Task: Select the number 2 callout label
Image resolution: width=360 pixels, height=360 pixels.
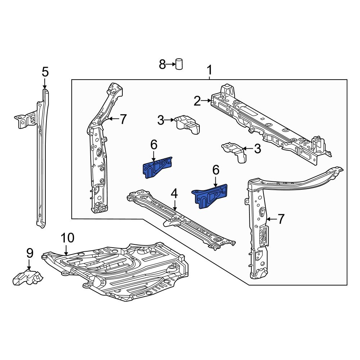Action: [x=197, y=101]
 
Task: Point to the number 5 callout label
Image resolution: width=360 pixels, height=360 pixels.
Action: [x=45, y=72]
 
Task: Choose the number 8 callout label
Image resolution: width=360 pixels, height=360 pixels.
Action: [x=162, y=65]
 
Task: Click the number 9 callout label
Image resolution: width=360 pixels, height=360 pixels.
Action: [x=30, y=253]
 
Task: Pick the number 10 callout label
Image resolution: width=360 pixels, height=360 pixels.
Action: [x=67, y=238]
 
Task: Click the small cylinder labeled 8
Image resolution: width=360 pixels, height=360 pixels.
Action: [x=179, y=64]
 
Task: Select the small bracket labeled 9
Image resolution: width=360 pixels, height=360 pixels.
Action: [x=28, y=278]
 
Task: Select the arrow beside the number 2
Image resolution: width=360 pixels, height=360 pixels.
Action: [x=207, y=101]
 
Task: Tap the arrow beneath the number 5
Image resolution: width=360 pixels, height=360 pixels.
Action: [x=45, y=84]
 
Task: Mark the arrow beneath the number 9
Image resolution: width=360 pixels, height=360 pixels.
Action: [x=29, y=265]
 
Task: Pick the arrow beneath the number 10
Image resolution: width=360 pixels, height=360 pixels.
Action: [x=66, y=250]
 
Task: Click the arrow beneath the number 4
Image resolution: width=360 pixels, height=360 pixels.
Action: [x=175, y=206]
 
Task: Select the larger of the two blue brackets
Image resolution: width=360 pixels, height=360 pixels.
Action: [x=211, y=195]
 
